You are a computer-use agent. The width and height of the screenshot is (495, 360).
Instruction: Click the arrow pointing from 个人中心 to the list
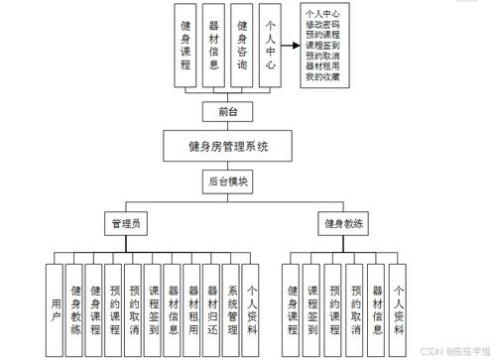[286, 47]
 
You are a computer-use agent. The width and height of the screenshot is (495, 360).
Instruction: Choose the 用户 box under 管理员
[56, 302]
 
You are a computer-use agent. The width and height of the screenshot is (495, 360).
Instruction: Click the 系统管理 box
[230, 302]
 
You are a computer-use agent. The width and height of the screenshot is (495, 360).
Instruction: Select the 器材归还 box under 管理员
[210, 302]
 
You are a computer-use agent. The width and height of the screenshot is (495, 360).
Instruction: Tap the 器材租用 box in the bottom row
[191, 302]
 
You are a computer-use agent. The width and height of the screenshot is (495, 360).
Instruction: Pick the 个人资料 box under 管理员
[250, 302]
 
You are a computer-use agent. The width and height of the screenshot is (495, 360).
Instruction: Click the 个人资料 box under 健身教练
[398, 302]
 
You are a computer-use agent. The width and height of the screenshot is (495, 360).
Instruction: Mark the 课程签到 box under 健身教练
[312, 302]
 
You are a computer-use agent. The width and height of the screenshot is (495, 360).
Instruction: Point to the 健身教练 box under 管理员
[75, 302]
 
